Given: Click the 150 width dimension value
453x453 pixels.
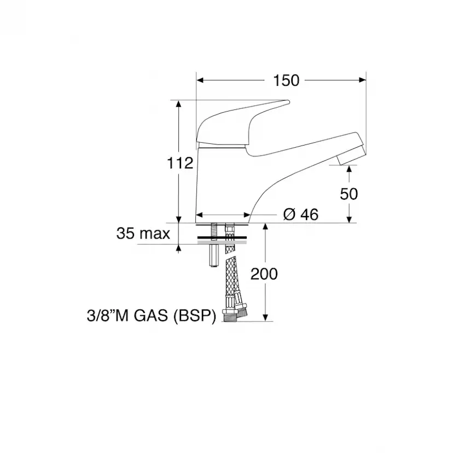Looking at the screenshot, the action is click(286, 80).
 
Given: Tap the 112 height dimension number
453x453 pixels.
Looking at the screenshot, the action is click(180, 163).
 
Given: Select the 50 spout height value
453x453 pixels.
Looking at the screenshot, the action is click(349, 194).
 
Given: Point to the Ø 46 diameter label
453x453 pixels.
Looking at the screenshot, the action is click(301, 214).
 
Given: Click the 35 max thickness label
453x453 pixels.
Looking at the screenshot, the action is click(143, 234).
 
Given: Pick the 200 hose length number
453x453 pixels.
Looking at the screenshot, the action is click(264, 274).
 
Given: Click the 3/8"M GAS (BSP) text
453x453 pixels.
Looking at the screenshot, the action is click(152, 316).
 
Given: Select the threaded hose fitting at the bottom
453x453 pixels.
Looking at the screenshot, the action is click(230, 315).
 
